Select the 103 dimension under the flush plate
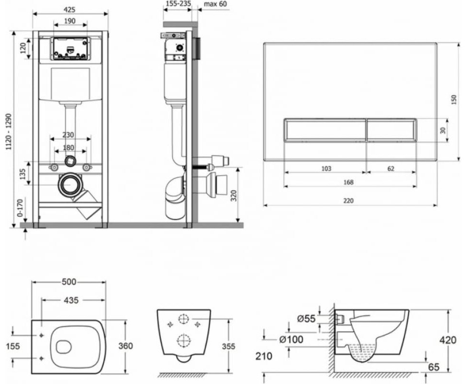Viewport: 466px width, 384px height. pyautogui.click(x=326, y=168)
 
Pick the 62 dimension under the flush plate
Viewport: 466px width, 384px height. pyautogui.click(x=391, y=168)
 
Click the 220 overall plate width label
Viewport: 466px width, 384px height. pyautogui.click(x=349, y=201)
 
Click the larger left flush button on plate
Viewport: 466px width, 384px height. pyautogui.click(x=324, y=130)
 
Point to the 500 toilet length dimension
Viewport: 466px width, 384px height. pyautogui.click(x=70, y=282)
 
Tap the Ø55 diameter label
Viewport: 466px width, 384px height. pyautogui.click(x=306, y=317)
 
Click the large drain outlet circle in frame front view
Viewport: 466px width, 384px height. pyautogui.click(x=71, y=184)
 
